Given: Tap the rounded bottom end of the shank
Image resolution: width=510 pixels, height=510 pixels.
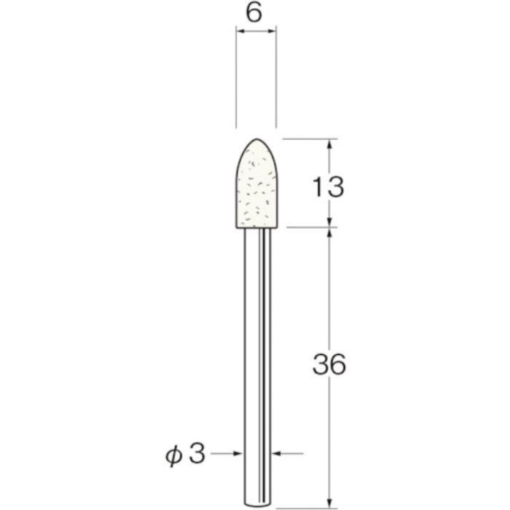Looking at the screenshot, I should coord(256,503).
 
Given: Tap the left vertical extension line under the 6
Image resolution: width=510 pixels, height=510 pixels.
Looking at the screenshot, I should coord(236,80).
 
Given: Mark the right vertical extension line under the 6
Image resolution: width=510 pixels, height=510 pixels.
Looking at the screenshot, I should coord(276,80).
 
